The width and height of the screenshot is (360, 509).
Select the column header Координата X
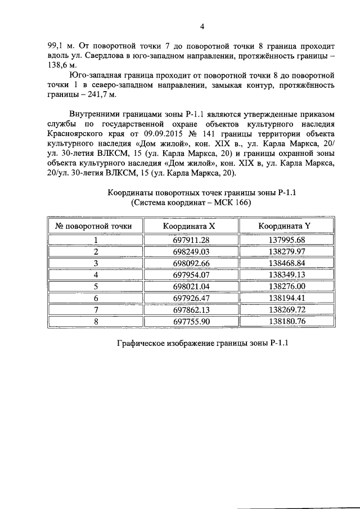tap(189, 226)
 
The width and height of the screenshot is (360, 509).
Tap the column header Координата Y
tap(284, 226)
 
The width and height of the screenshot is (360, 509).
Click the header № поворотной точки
tap(94, 226)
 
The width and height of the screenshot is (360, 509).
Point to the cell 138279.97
tap(284, 251)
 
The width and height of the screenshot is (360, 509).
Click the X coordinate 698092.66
tap(189, 263)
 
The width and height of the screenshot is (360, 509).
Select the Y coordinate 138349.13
tap(284, 274)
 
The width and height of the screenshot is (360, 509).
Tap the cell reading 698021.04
tap(189, 286)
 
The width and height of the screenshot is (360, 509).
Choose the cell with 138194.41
tap(284, 298)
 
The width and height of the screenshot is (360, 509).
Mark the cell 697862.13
tap(189, 310)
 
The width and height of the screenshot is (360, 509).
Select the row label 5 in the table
tap(96, 286)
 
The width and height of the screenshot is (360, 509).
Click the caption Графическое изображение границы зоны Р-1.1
tap(202, 345)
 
